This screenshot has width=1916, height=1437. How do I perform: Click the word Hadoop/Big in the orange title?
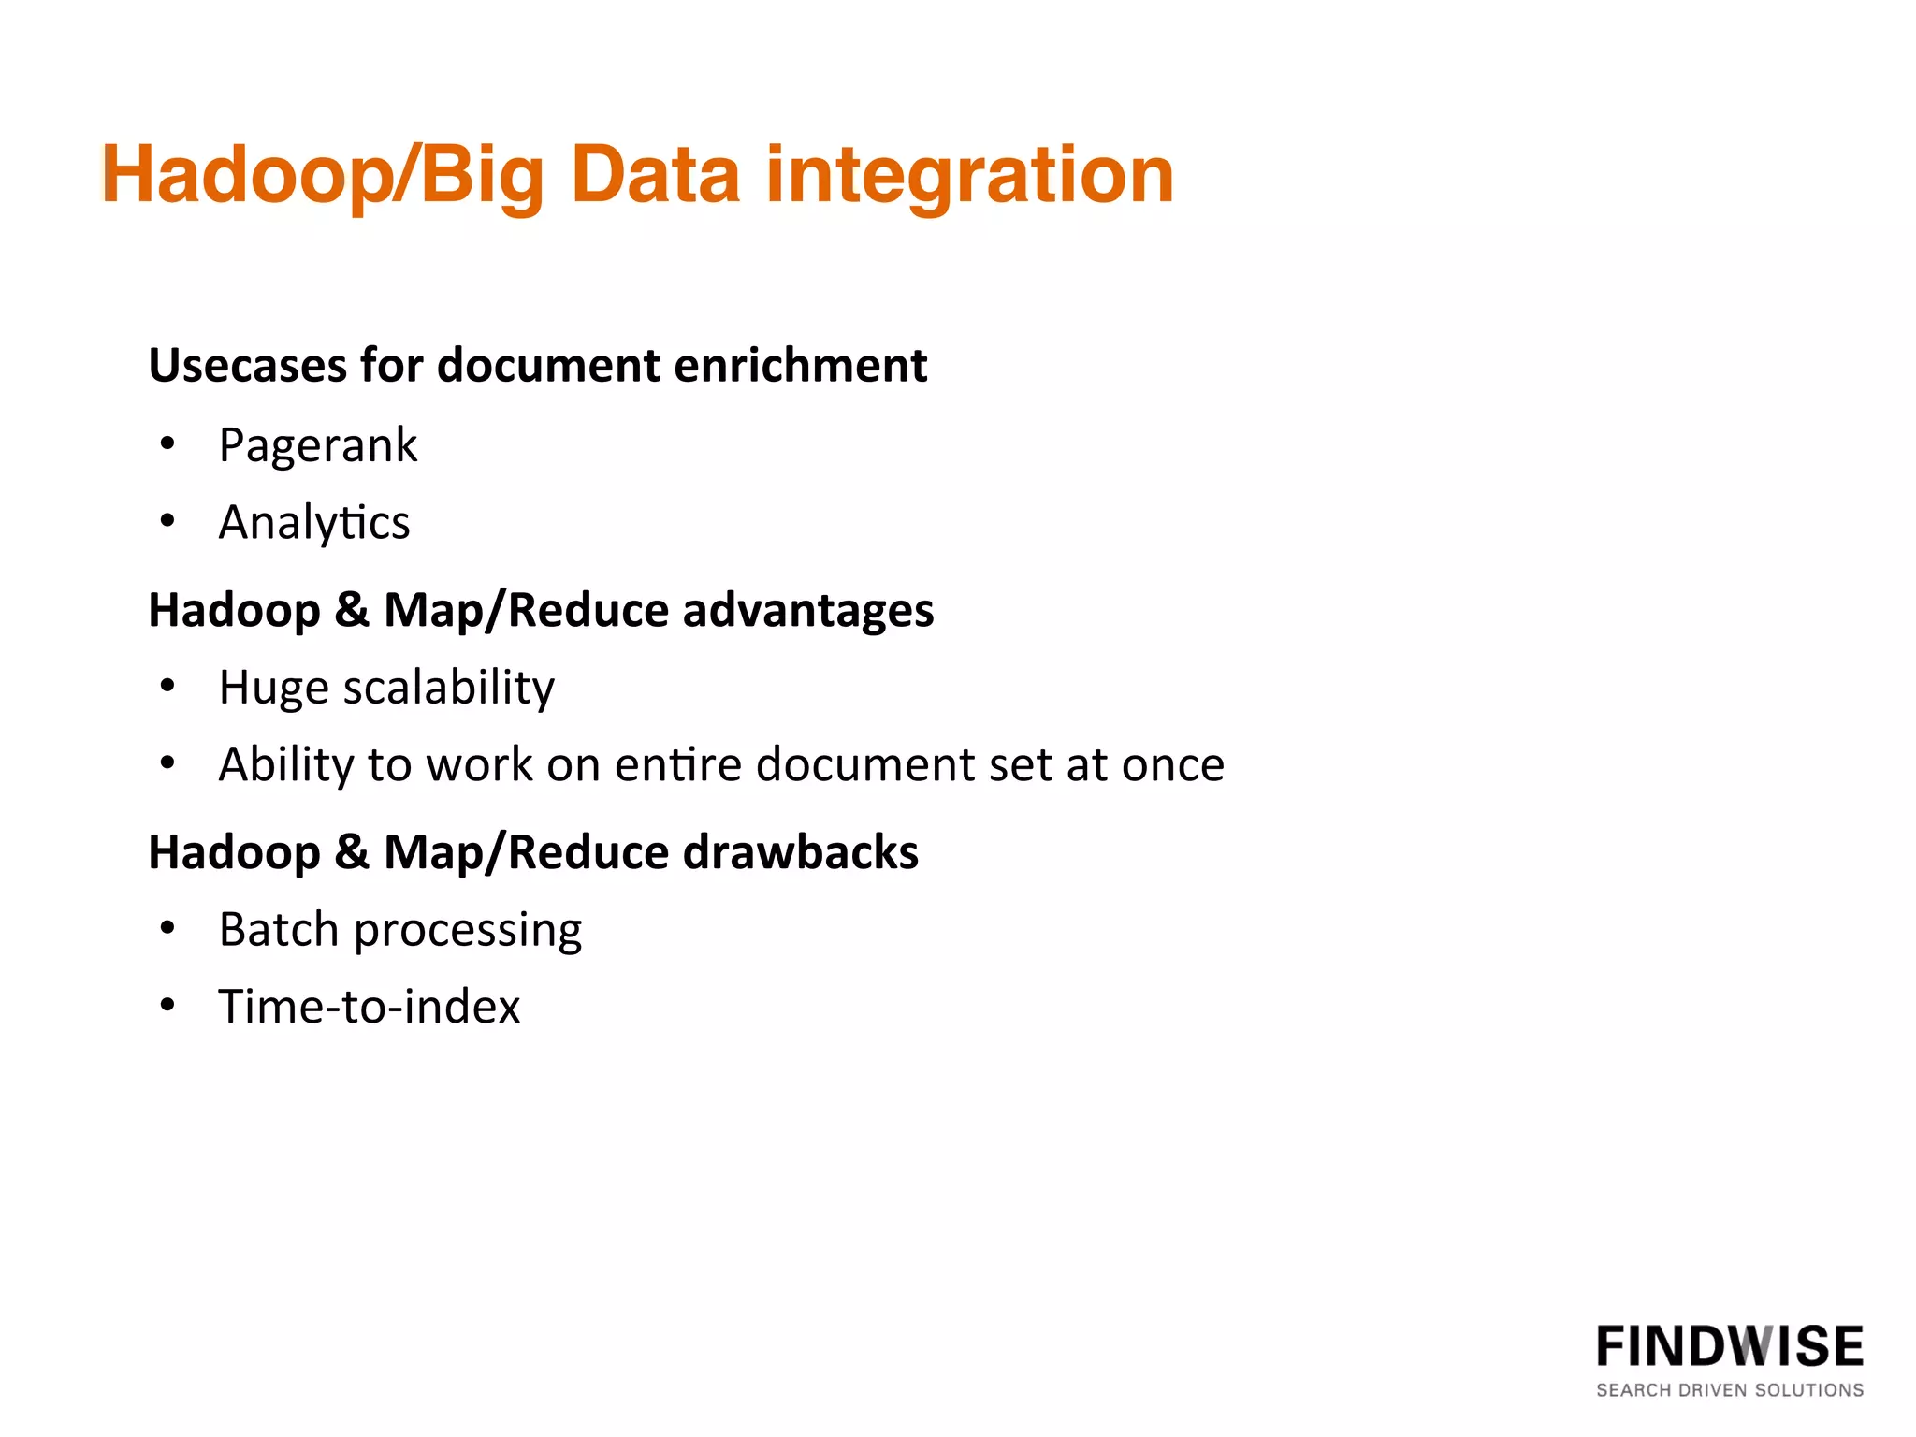tap(323, 175)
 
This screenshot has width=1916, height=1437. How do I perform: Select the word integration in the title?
tap(969, 175)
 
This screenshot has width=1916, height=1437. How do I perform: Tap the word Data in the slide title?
tap(655, 175)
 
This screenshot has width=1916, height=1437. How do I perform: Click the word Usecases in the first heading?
tap(247, 365)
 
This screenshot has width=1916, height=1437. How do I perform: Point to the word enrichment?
tap(801, 365)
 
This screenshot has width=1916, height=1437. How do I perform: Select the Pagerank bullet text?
tap(318, 445)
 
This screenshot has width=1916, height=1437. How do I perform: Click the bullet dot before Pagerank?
tap(167, 444)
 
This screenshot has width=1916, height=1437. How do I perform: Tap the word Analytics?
tap(314, 522)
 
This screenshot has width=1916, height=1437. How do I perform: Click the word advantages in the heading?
tap(808, 611)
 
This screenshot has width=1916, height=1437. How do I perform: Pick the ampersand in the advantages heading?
tap(352, 611)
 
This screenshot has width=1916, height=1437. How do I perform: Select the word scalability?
tap(449, 688)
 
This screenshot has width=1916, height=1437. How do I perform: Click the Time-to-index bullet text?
tap(370, 1007)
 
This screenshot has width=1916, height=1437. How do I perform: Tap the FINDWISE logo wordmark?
tap(1729, 1347)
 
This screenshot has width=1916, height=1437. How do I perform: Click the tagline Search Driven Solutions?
tap(1729, 1390)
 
